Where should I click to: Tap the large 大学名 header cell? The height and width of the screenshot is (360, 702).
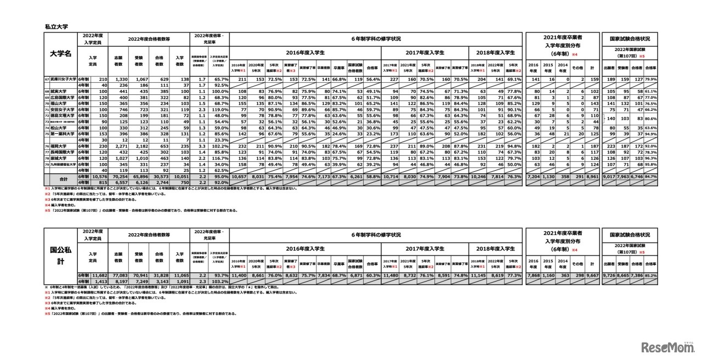click(60, 54)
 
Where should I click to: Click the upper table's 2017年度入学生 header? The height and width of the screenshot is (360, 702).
click(424, 52)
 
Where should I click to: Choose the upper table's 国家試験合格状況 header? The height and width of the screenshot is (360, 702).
click(630, 39)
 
